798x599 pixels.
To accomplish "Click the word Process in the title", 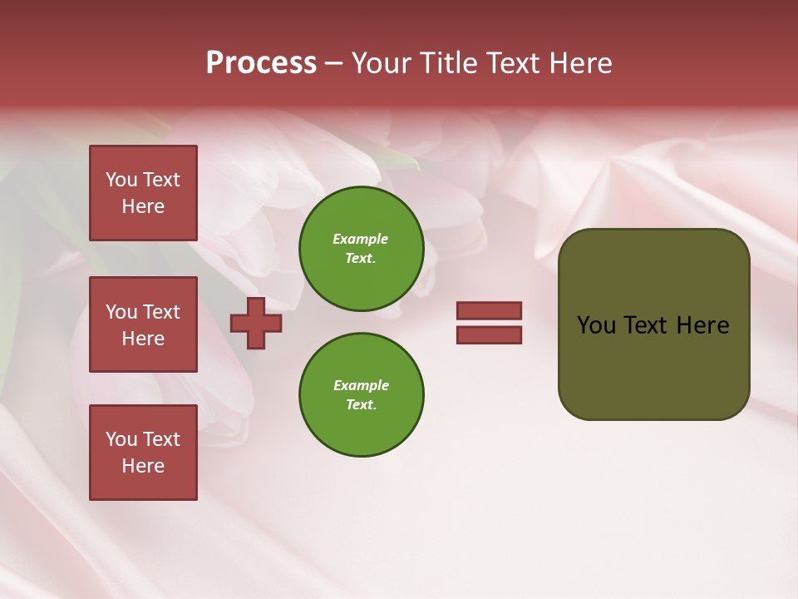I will (x=261, y=63).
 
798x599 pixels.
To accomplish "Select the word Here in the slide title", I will (x=579, y=63).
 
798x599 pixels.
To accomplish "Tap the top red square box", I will (x=143, y=193).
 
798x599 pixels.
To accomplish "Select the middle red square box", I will (x=143, y=324).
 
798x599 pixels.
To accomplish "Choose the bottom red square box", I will (x=143, y=453).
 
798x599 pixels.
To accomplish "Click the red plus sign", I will (x=256, y=323).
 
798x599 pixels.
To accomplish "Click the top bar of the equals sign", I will (x=490, y=310).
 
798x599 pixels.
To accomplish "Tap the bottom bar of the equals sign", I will (x=490, y=334).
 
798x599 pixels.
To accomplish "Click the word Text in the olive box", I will (x=646, y=325).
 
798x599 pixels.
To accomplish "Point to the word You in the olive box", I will (x=595, y=325).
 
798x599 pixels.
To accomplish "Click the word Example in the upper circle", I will (x=361, y=239).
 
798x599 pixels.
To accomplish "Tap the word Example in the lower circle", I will (x=361, y=385).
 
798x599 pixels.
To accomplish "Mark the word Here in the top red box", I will (x=143, y=206).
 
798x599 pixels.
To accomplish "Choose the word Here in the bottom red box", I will (x=143, y=466).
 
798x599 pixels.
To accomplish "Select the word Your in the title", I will (x=381, y=63).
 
